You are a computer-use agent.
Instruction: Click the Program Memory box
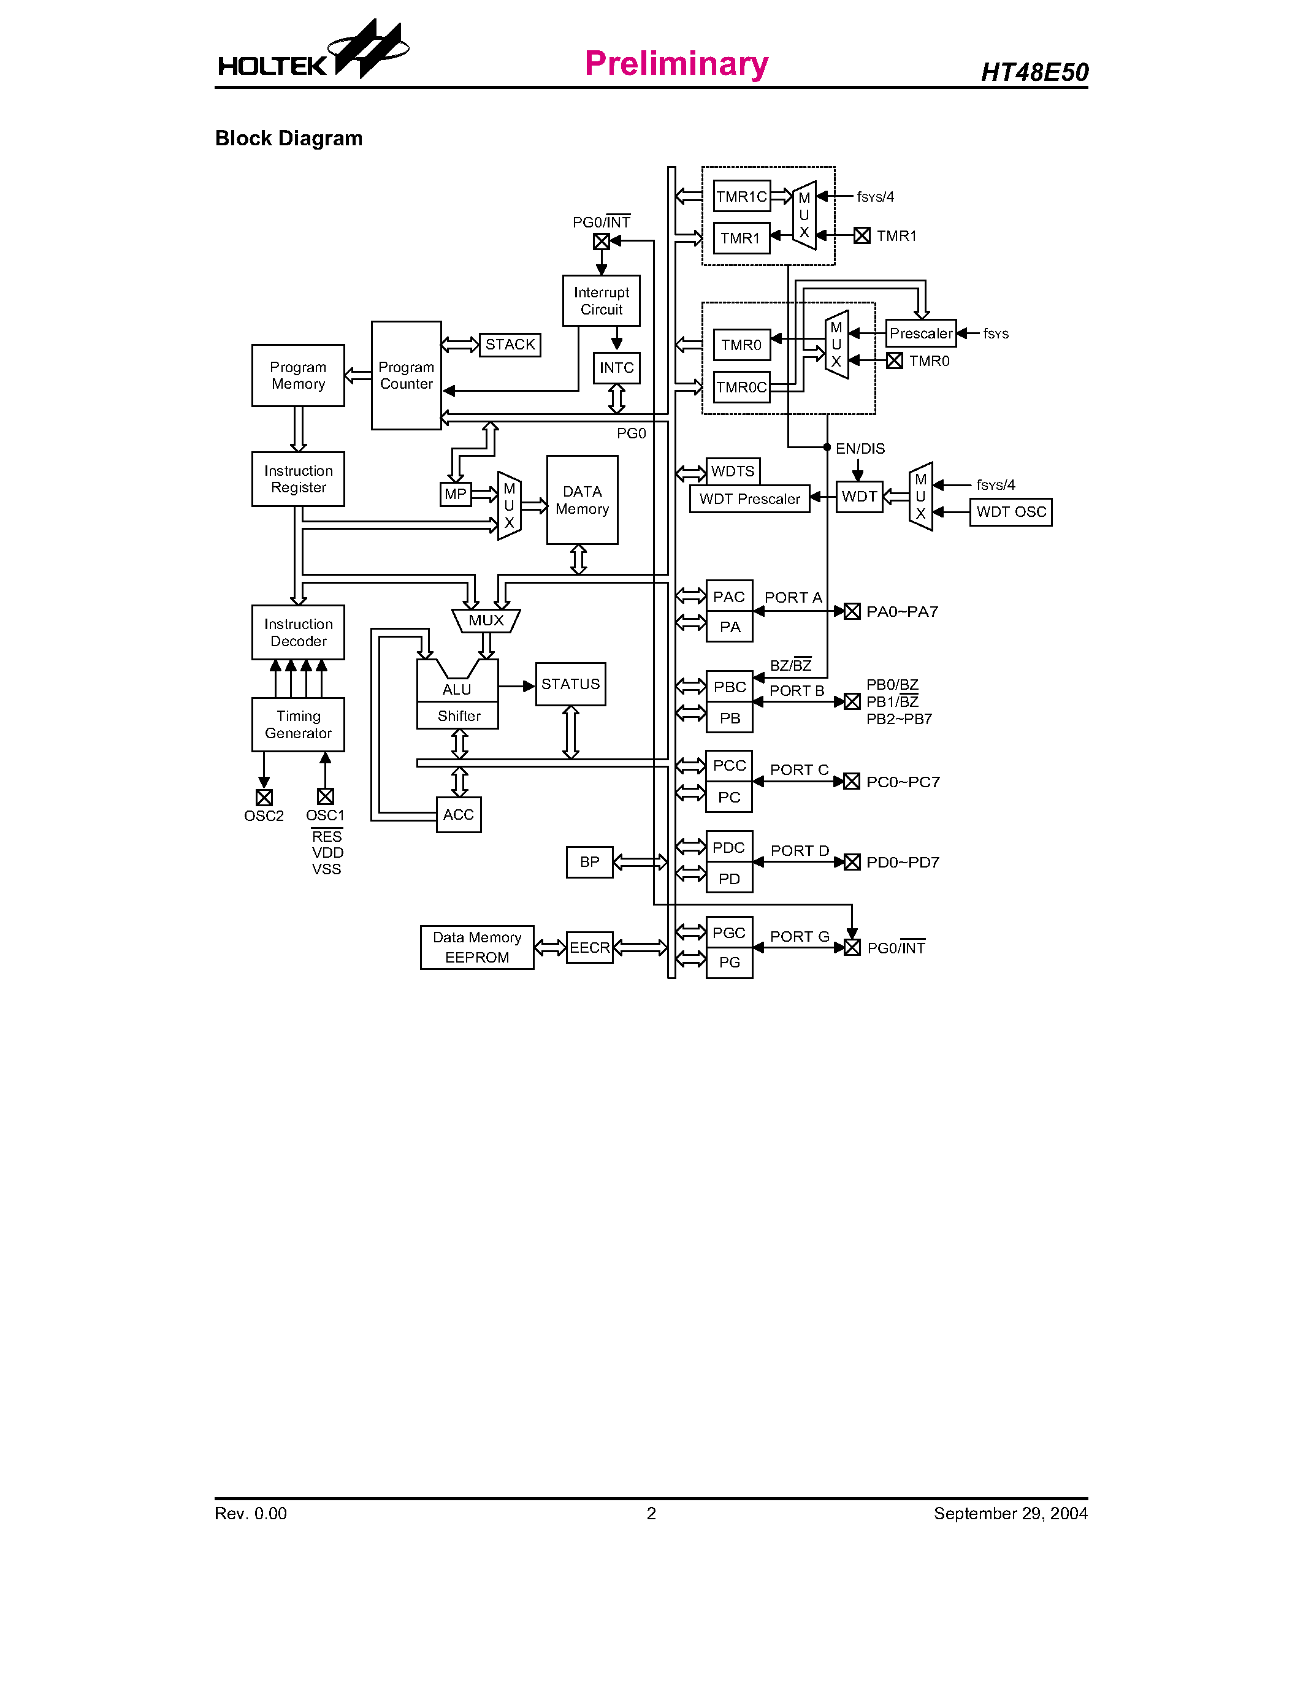click(x=298, y=375)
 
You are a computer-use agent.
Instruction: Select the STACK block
click(x=510, y=345)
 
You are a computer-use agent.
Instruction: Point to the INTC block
click(x=616, y=367)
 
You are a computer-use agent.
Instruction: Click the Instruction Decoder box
click(x=298, y=632)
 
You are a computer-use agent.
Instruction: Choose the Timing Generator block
click(x=298, y=724)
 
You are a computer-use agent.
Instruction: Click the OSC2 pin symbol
click(x=264, y=796)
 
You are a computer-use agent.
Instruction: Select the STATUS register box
click(x=570, y=684)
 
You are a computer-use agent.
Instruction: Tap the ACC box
click(x=459, y=814)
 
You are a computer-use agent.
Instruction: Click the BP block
click(x=589, y=861)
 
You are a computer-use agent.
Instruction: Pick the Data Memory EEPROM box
click(x=477, y=947)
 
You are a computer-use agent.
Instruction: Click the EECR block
click(x=590, y=947)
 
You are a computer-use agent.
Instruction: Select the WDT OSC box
click(x=1011, y=512)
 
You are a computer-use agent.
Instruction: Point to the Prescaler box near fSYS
click(x=921, y=334)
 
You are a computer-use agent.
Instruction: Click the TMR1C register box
click(x=741, y=196)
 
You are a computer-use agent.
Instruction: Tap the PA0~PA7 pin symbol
click(x=852, y=611)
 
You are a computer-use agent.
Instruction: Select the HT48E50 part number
click(x=1034, y=72)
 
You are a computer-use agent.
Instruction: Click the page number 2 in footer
click(x=651, y=1513)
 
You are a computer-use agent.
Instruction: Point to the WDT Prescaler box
click(x=749, y=498)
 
